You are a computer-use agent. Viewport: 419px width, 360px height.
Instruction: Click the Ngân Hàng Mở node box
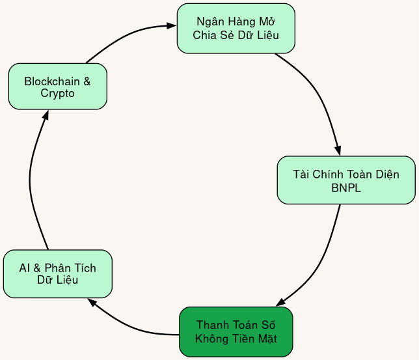tap(236, 28)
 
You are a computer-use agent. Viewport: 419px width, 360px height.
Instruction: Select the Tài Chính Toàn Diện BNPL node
tap(345, 180)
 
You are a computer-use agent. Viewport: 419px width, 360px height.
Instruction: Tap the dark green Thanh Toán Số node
tap(236, 331)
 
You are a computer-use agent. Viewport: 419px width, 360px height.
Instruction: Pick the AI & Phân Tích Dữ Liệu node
tap(57, 274)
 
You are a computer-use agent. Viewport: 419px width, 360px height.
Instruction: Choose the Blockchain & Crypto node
tap(57, 87)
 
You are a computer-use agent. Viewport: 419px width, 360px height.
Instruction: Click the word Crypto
tap(57, 94)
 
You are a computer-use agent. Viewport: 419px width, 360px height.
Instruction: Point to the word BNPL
tap(345, 188)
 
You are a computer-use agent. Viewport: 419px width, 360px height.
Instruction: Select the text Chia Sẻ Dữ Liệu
tap(236, 35)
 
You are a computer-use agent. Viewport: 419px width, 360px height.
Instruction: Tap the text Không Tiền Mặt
tap(236, 339)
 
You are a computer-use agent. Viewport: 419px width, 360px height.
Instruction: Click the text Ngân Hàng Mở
tap(236, 21)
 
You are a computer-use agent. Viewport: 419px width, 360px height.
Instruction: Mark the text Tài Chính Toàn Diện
tap(345, 174)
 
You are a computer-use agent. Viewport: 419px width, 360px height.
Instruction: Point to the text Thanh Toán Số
tap(236, 325)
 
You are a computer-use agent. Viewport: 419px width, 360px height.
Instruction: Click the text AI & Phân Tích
tap(57, 268)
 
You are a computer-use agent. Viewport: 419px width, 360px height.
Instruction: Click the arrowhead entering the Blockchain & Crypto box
tap(46, 115)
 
